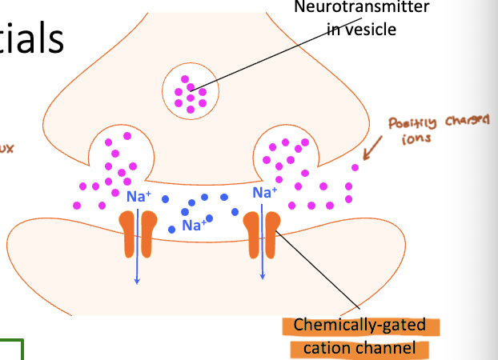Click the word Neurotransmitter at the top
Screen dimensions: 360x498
(x=361, y=8)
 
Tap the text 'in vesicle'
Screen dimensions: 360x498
(x=362, y=30)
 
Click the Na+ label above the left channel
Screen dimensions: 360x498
(x=137, y=196)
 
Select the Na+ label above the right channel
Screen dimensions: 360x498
(x=264, y=192)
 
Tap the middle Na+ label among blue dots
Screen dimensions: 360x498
(x=194, y=226)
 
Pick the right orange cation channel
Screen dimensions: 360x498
(x=263, y=234)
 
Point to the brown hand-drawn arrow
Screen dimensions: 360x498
(x=375, y=149)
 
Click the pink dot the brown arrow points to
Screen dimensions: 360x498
(x=355, y=168)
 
